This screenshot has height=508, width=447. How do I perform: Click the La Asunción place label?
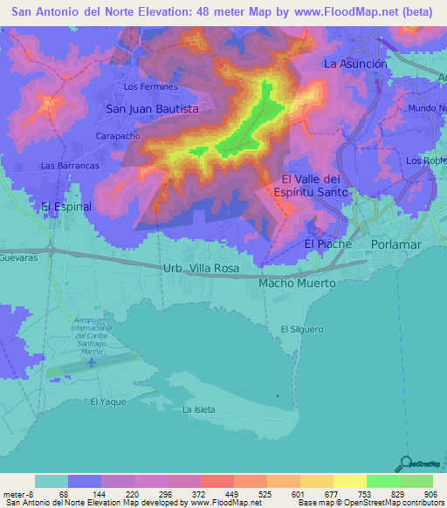click(x=354, y=64)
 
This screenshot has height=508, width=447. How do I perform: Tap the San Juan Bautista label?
click(x=152, y=109)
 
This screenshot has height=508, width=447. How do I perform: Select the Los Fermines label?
click(x=151, y=86)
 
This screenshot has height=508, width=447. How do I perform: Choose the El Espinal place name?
click(x=65, y=207)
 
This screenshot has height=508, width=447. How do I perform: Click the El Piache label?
click(x=327, y=244)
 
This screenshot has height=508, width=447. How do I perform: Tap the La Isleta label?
click(x=199, y=409)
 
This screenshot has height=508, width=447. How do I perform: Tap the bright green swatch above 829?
click(x=382, y=481)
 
